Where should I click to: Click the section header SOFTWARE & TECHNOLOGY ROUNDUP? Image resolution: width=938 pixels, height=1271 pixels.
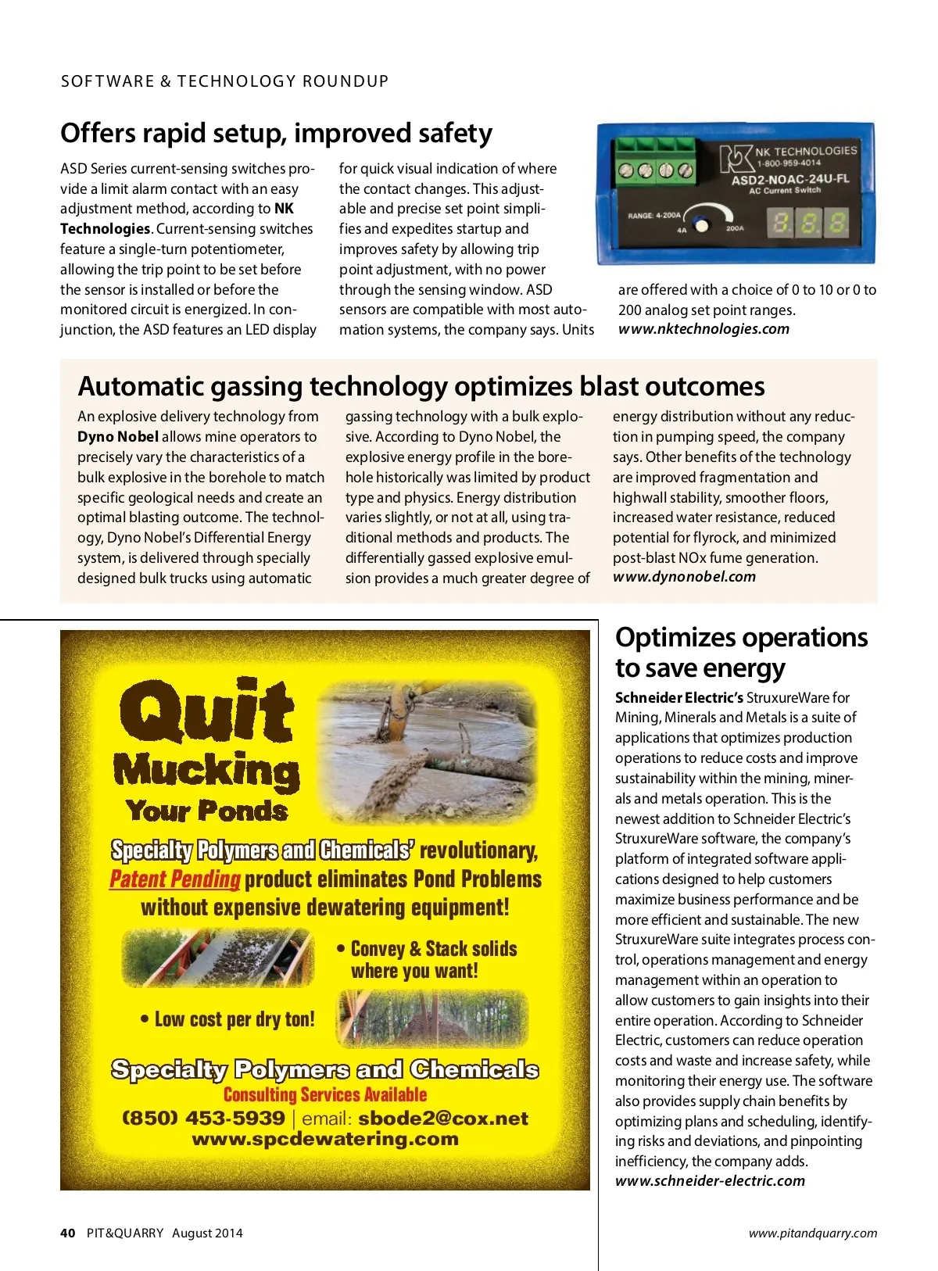224,81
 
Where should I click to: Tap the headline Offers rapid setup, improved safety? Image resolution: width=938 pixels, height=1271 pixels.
276,133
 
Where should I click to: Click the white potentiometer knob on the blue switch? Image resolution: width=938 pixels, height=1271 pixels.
701,225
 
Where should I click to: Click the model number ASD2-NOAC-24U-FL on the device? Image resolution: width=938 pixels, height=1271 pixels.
789,179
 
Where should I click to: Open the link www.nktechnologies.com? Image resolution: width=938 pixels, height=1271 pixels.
703,329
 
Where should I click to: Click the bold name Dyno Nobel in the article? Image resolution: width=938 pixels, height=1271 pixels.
118,437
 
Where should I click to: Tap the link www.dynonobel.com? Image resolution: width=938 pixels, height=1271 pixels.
684,577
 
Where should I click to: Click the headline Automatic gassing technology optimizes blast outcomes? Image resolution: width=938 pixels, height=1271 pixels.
421,386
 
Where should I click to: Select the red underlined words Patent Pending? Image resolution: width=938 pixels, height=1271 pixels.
174,879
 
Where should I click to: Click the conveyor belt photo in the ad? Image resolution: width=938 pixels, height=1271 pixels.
217,958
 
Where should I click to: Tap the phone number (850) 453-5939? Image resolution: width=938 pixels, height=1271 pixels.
203,1119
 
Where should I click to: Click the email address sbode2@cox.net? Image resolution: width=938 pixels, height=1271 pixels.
443,1119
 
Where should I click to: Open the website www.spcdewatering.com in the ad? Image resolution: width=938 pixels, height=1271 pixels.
325,1139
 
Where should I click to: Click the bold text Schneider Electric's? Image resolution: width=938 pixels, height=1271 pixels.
678,697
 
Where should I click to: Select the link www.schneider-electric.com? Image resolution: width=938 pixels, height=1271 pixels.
710,1181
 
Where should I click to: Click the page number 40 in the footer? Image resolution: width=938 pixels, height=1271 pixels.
68,1233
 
